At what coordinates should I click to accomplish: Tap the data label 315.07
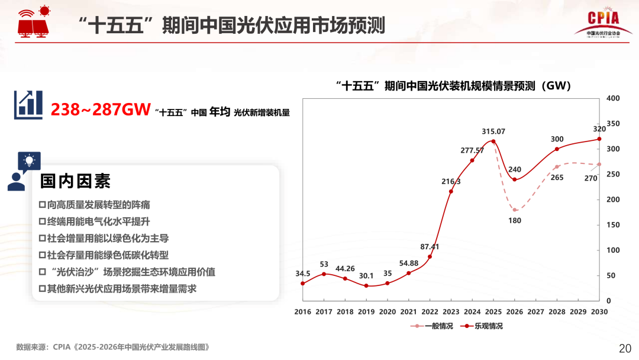point(493,131)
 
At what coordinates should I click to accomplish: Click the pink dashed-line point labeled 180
point(515,210)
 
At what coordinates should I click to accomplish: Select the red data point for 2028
point(557,149)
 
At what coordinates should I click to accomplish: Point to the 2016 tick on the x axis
point(302,311)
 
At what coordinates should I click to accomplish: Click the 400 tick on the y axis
point(613,98)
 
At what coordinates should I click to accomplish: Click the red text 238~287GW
point(100,110)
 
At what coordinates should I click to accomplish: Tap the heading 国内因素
point(75,181)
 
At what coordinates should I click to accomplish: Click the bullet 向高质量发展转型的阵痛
point(94,205)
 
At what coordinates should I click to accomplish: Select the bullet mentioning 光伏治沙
point(127,272)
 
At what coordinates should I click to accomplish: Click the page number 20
point(625,348)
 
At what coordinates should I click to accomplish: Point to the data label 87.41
point(430,246)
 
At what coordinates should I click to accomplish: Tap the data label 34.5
point(302,274)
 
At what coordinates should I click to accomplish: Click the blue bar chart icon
point(28,105)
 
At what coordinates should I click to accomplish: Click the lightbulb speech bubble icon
point(29,160)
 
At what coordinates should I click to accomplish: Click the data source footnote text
point(113,347)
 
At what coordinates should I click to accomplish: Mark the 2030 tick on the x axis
point(599,311)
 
